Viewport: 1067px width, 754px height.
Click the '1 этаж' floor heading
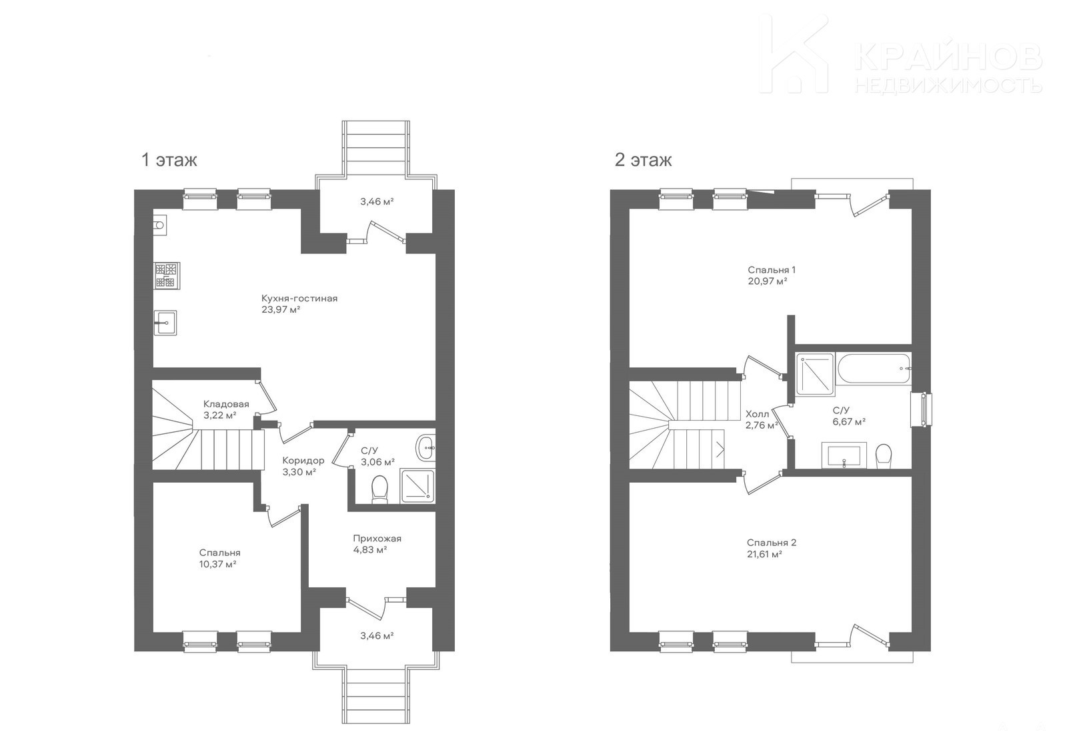click(x=169, y=160)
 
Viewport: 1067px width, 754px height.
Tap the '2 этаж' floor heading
click(x=643, y=160)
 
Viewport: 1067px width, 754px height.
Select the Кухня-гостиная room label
click(x=299, y=299)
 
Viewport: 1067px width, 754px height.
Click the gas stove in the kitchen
click(x=167, y=276)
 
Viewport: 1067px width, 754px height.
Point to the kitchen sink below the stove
click(x=165, y=323)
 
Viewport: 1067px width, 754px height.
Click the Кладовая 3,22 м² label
click(x=226, y=409)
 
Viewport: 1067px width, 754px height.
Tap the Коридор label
click(x=303, y=461)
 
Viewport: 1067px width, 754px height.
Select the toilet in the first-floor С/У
click(x=379, y=489)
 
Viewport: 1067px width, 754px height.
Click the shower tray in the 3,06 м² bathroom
click(x=417, y=486)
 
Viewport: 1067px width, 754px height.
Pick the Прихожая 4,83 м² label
click(x=377, y=544)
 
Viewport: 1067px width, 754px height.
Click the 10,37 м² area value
click(x=218, y=565)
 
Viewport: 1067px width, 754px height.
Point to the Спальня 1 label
click(x=772, y=269)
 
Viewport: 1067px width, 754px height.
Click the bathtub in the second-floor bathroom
click(x=874, y=368)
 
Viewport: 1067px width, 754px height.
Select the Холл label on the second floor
click(x=757, y=415)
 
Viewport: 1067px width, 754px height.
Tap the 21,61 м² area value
click(x=765, y=554)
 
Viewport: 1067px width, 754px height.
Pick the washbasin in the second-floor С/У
click(x=844, y=455)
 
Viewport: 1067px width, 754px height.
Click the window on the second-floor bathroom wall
click(x=921, y=409)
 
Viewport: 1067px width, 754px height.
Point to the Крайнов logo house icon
click(x=794, y=54)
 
